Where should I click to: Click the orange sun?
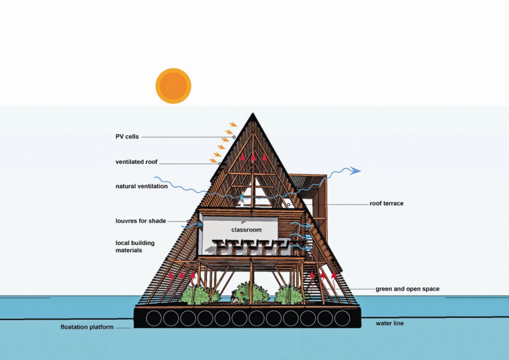173,86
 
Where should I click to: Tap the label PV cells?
127,137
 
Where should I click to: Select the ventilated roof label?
136,162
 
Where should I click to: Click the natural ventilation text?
142,186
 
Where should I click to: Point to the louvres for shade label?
141,221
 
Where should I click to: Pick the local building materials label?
135,247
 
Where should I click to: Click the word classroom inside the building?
246,230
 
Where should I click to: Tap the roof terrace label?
387,204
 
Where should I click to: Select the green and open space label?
408,289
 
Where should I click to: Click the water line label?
390,323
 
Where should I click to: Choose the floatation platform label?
87,327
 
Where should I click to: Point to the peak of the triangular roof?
253,113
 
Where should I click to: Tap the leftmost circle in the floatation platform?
154,318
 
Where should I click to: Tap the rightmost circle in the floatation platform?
342,318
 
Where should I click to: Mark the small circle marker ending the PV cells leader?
234,137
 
